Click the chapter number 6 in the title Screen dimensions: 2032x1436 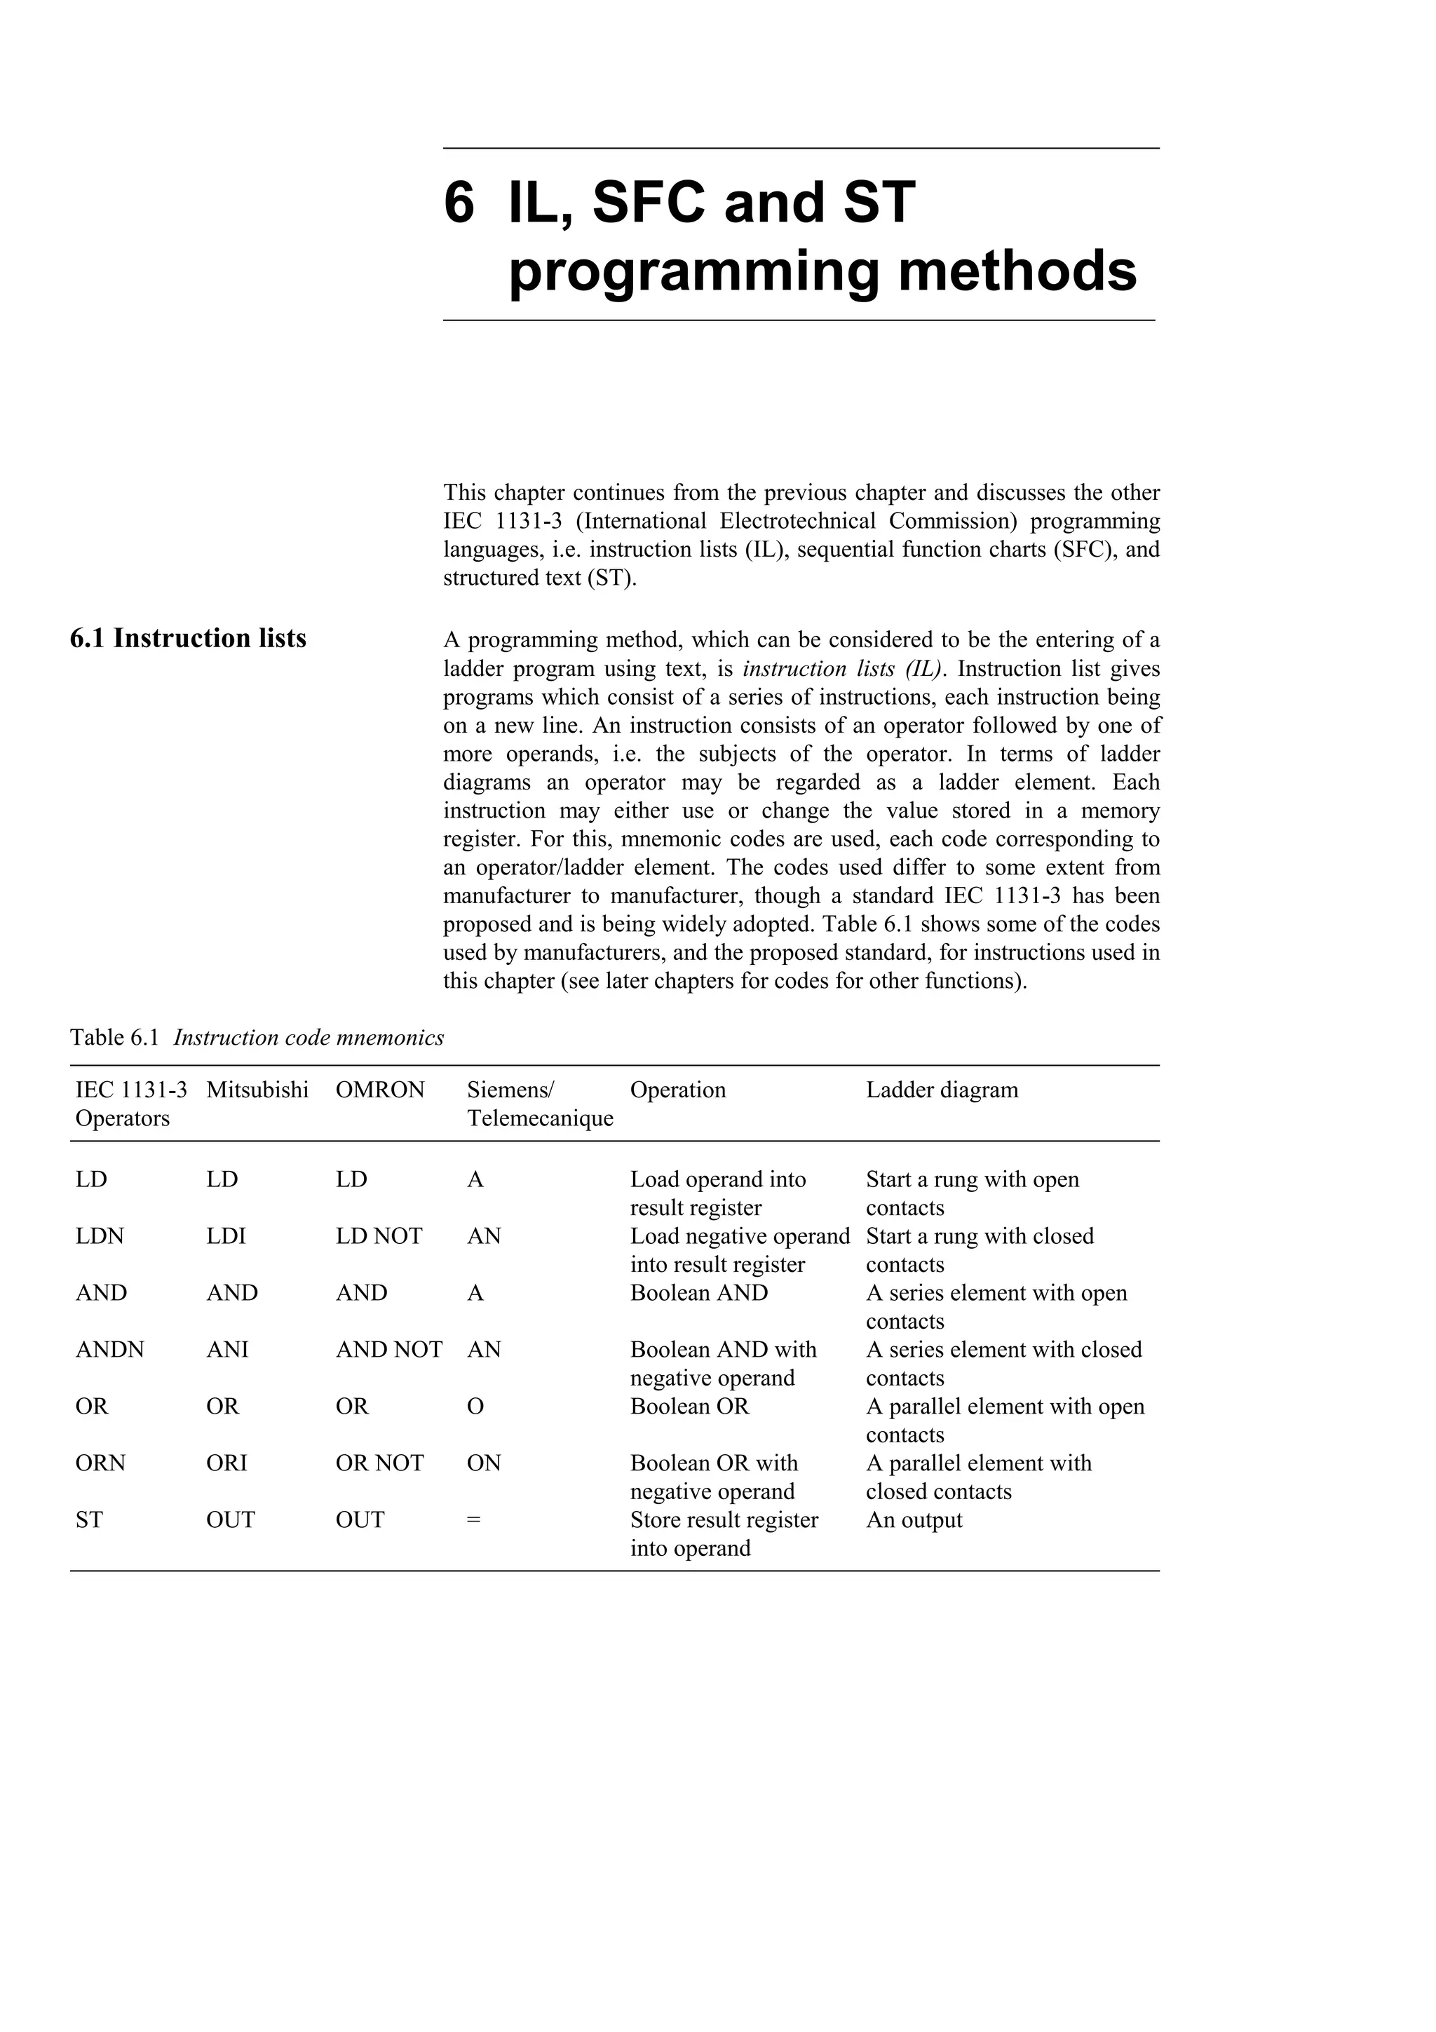click(x=459, y=203)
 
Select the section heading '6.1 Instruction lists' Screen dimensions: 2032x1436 click(x=188, y=638)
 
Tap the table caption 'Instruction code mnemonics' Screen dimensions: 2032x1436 click(x=308, y=1037)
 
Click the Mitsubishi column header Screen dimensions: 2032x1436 click(x=257, y=1090)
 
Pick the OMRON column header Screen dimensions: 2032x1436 click(x=379, y=1090)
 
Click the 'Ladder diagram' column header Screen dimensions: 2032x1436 click(x=942, y=1090)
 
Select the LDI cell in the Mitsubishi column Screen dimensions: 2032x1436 click(x=226, y=1235)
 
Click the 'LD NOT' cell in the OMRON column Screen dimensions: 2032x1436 click(x=379, y=1235)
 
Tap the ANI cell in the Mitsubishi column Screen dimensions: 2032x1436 click(x=227, y=1349)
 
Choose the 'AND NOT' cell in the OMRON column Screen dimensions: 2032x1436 click(x=388, y=1349)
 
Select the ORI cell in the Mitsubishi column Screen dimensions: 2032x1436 click(x=226, y=1463)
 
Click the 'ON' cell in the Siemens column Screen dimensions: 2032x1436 click(x=484, y=1463)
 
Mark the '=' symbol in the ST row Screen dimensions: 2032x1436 click(x=473, y=1519)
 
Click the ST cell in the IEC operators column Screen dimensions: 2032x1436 click(x=88, y=1519)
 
